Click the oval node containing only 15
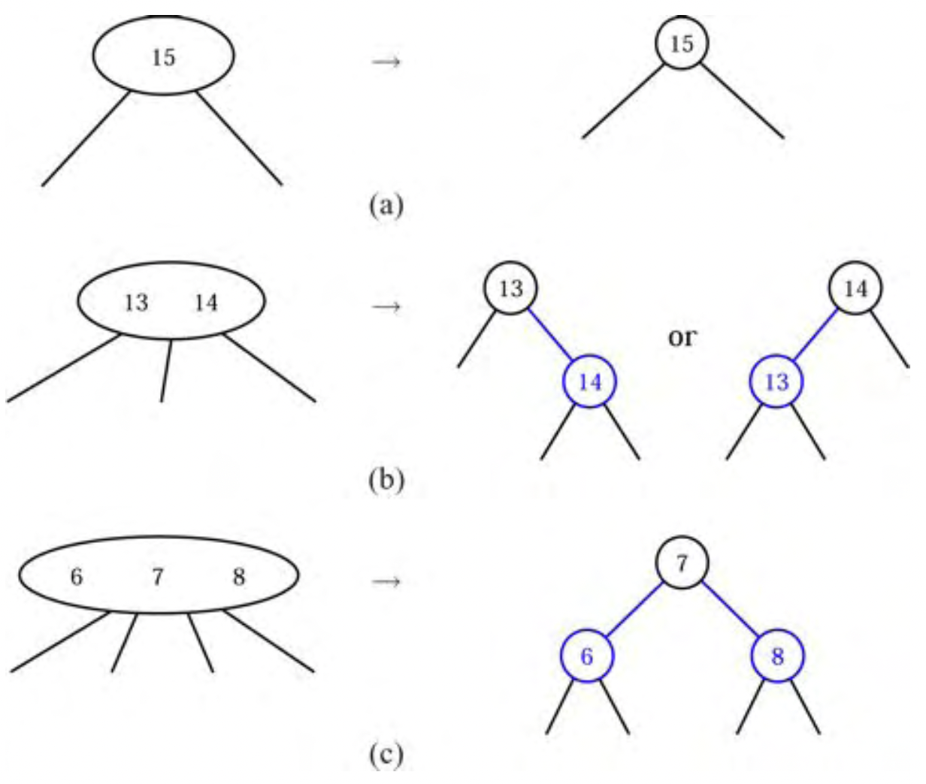(163, 56)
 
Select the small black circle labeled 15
(681, 44)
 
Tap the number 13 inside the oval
(136, 303)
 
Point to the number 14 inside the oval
(205, 303)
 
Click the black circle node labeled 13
(510, 288)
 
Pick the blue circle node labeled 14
(590, 381)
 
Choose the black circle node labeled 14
(855, 288)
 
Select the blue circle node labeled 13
(776, 381)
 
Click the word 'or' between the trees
(682, 337)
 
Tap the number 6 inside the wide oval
(76, 577)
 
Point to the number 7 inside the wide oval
(157, 577)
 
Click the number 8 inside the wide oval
(238, 577)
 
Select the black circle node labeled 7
(681, 562)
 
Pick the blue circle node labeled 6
(587, 656)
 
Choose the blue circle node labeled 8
(777, 656)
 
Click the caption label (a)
(386, 204)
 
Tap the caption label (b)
(386, 478)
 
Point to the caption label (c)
(386, 754)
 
